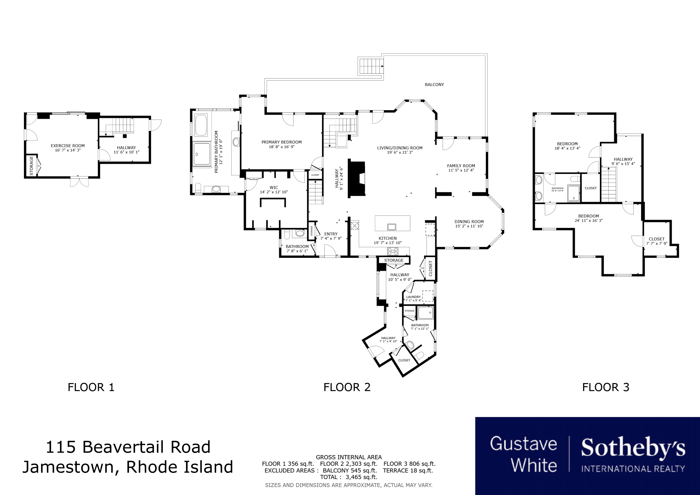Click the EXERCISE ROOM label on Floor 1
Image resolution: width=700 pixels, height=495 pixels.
(68, 146)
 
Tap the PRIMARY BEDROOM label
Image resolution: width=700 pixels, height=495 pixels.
(281, 142)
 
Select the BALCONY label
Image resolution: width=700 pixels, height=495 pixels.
(434, 84)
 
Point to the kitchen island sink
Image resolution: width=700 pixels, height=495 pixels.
(392, 226)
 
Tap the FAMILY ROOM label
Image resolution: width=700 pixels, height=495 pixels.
(461, 166)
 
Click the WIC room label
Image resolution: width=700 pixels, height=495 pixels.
(274, 188)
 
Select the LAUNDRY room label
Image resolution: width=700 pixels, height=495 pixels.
(413, 297)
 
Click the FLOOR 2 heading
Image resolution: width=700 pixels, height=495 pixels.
(347, 387)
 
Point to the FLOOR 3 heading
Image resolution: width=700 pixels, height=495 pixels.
(606, 387)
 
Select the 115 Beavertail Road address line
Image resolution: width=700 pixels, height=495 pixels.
(128, 447)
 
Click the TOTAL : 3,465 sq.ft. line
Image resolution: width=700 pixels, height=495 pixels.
(349, 477)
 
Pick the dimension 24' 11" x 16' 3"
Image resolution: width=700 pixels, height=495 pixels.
(589, 220)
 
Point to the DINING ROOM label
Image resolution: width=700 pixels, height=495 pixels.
(469, 222)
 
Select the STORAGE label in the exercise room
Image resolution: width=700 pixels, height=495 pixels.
(31, 165)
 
